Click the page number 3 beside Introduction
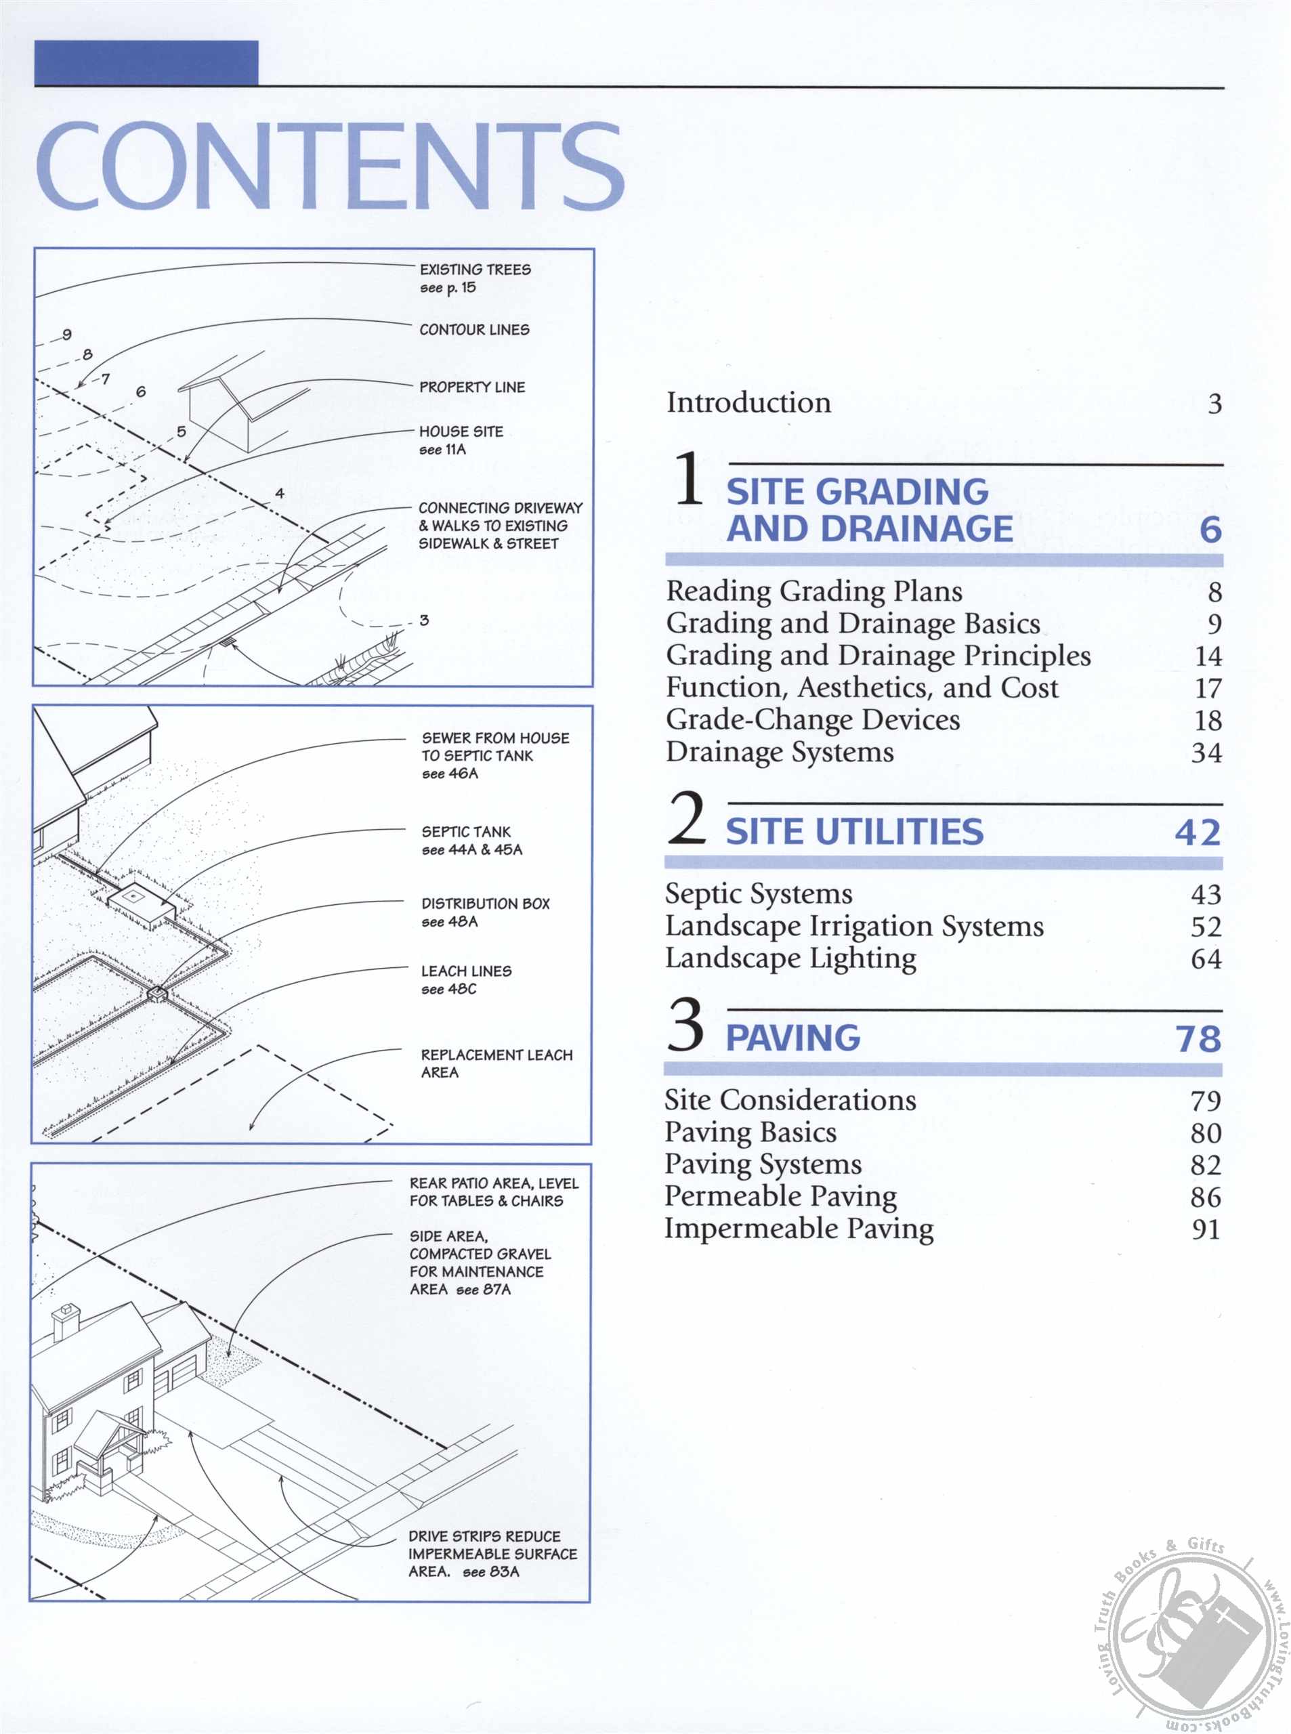(1214, 404)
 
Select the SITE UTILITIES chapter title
(853, 832)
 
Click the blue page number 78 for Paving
(1198, 1038)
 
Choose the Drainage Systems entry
(779, 752)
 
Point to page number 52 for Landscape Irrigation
(1205, 927)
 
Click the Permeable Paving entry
(780, 1196)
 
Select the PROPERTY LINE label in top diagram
(471, 387)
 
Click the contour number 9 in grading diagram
(67, 335)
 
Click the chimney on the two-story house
(66, 1321)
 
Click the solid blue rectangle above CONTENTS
(146, 62)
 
